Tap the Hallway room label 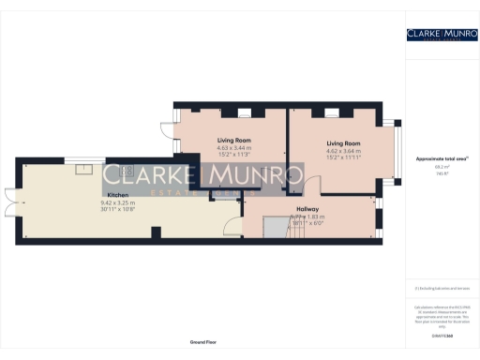307,208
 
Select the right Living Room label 342,143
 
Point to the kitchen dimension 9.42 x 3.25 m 117,202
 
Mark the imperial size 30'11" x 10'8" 117,209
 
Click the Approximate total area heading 434,160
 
